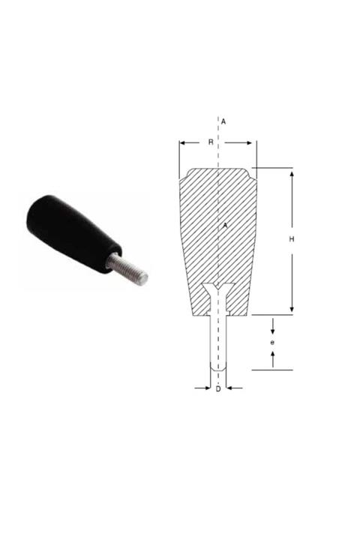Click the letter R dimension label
point(211,142)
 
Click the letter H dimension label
point(292,239)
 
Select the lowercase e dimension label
point(272,343)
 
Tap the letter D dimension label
point(218,389)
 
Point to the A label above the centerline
point(223,121)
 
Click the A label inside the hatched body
point(225,226)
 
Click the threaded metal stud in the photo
point(127,269)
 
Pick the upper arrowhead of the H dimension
point(292,175)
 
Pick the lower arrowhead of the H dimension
point(292,308)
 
